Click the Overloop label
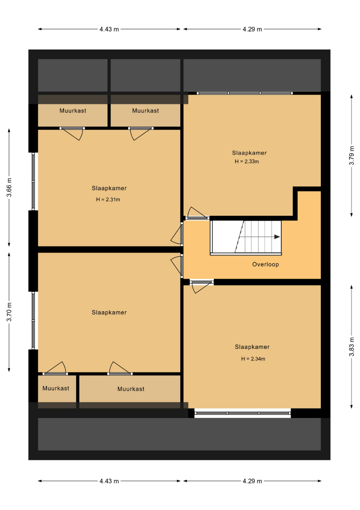point(266,264)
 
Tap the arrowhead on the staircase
point(277,237)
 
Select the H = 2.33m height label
point(247,161)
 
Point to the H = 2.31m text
point(108,199)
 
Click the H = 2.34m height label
point(253,359)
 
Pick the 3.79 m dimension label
point(352,155)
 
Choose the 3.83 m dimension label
point(352,347)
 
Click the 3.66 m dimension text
point(9,187)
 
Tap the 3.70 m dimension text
point(9,312)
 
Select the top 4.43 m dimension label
point(109,29)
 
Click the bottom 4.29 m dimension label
point(252,481)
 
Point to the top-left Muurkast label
point(73,110)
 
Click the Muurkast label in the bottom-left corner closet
point(56,388)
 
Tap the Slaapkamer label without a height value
point(109,313)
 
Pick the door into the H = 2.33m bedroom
point(197,213)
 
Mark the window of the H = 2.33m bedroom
point(245,93)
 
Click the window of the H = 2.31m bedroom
point(33,181)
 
